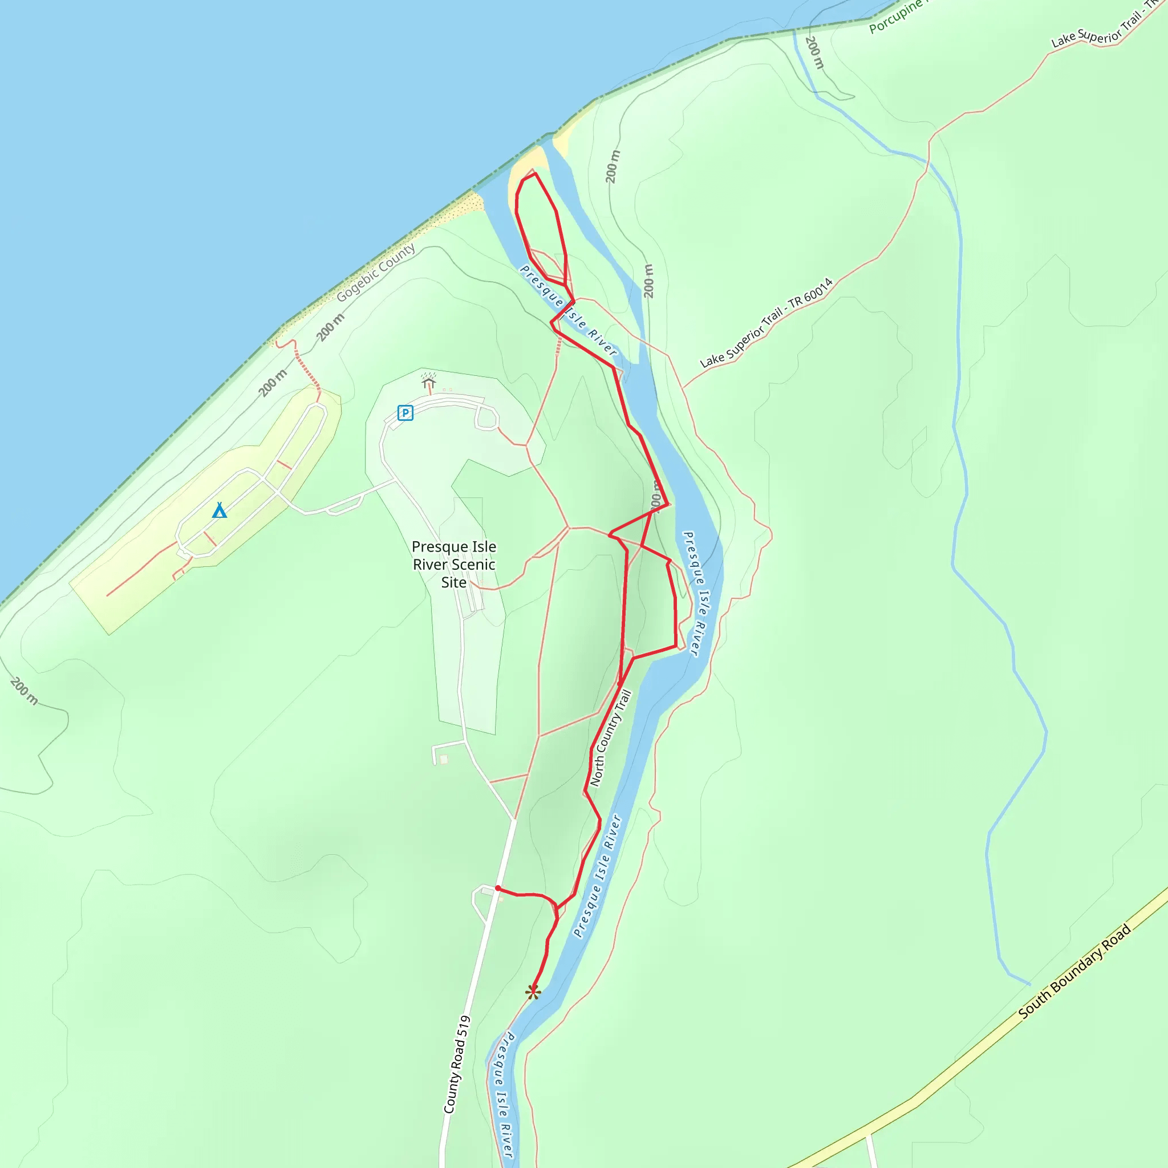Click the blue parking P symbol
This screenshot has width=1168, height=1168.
point(405,413)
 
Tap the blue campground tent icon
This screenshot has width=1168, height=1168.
point(220,511)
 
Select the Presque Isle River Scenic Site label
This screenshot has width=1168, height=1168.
point(453,564)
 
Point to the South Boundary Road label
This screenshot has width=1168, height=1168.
point(1074,972)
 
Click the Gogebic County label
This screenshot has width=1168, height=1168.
point(376,272)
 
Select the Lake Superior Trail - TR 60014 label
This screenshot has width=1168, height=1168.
point(766,323)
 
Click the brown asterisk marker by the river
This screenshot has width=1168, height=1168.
point(533,992)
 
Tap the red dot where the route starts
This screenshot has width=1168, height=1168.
point(497,888)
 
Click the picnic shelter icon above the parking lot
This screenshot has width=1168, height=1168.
point(429,382)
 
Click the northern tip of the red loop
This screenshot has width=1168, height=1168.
point(535,174)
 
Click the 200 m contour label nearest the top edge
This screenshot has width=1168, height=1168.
point(815,52)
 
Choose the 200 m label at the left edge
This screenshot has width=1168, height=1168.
point(24,691)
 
